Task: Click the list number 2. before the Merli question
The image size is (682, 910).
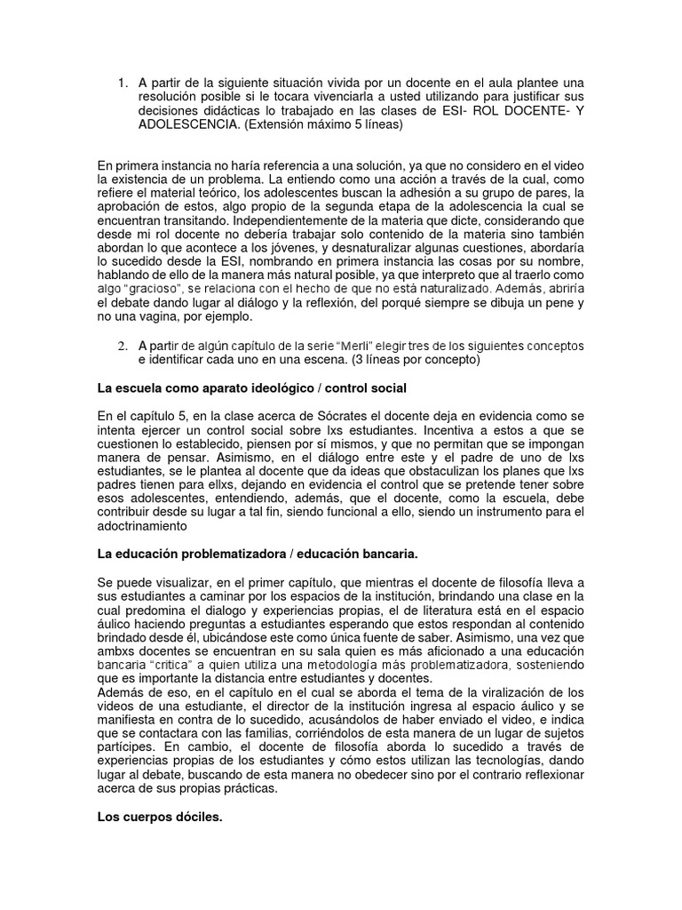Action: (123, 345)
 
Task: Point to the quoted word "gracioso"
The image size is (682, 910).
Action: (152, 289)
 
